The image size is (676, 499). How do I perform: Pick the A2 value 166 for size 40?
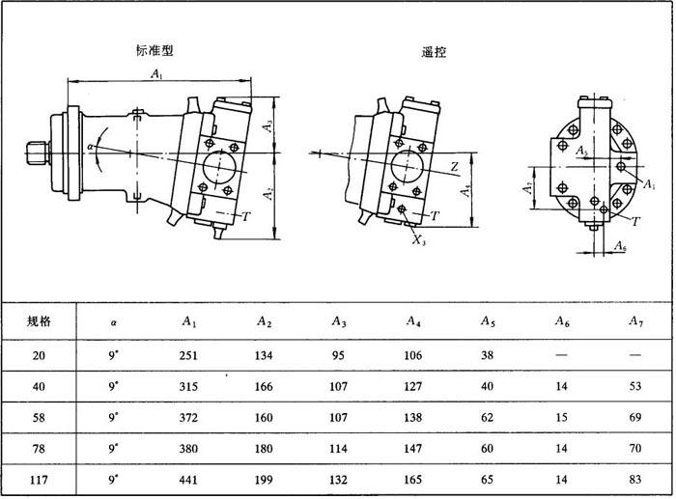click(x=264, y=386)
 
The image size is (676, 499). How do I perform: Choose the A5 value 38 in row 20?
click(x=488, y=356)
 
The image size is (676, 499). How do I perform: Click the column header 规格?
click(x=39, y=320)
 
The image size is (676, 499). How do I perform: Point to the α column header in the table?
click(x=113, y=321)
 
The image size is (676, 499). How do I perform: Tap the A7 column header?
click(x=634, y=321)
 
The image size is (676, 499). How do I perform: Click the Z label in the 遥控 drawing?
click(x=454, y=167)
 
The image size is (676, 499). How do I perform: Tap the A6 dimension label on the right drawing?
click(x=620, y=248)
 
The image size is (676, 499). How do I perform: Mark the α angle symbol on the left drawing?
click(x=90, y=147)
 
